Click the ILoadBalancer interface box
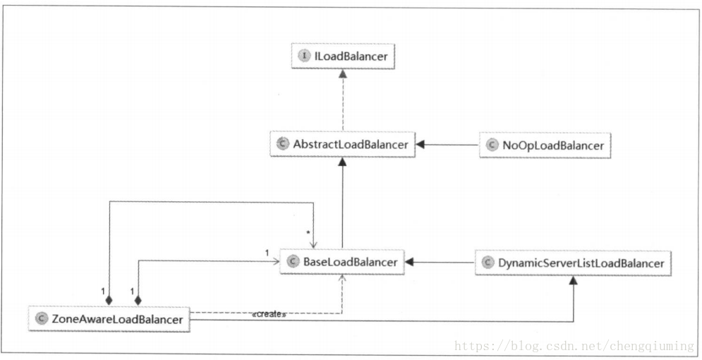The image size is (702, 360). point(343,56)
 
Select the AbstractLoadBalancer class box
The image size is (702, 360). point(342,144)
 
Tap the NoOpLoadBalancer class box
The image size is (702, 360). point(545,145)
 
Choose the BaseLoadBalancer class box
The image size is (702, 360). point(342,262)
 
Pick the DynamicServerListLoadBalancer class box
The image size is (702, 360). point(573,263)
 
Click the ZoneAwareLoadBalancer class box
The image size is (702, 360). point(109,319)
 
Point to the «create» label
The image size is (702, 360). point(269,314)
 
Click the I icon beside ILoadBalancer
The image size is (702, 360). point(305,56)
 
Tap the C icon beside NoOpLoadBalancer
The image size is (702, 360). point(492,145)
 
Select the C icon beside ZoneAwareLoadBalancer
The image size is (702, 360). point(41,319)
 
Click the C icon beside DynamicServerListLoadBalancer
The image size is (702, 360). point(488,263)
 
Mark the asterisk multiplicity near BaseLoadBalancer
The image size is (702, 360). point(308,233)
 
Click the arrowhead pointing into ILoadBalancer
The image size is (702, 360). point(343,73)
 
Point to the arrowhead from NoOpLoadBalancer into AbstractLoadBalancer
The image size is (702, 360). point(420,145)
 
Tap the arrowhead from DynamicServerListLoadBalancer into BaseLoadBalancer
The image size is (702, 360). point(409,263)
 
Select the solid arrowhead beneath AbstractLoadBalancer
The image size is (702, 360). point(342,162)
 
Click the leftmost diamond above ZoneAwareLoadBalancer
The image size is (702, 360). point(109,300)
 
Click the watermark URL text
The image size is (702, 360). point(574,346)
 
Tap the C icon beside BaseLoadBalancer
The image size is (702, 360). point(293,262)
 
